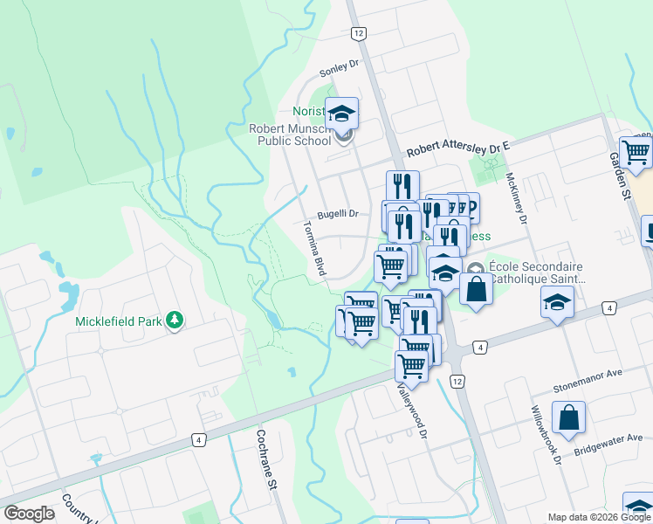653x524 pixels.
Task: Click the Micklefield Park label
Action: pyautogui.click(x=119, y=321)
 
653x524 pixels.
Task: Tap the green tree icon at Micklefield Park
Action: pyautogui.click(x=175, y=321)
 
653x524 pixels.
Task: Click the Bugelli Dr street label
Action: pyautogui.click(x=338, y=214)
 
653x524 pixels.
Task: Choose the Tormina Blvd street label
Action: pyautogui.click(x=313, y=248)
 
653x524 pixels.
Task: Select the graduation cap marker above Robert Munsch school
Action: pyautogui.click(x=342, y=112)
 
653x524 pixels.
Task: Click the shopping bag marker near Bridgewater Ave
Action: pyautogui.click(x=568, y=418)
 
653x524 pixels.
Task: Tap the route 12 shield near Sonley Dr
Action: pyautogui.click(x=358, y=33)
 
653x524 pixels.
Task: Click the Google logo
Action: pyautogui.click(x=29, y=513)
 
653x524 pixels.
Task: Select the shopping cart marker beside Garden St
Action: pyautogui.click(x=636, y=151)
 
